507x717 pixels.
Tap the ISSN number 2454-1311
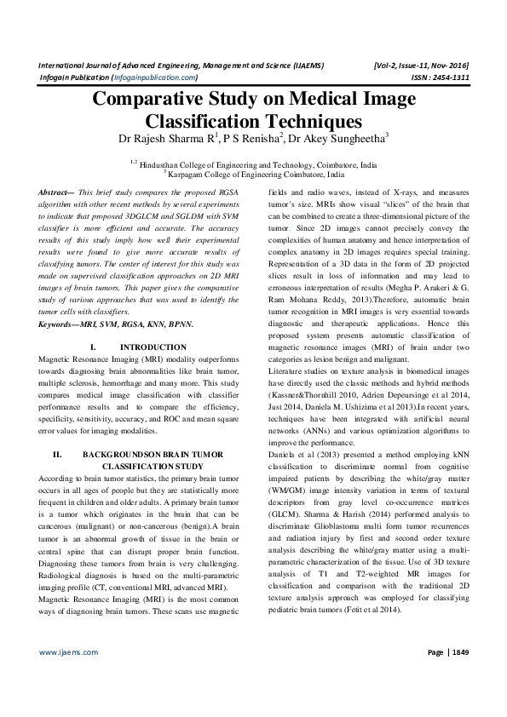(x=455, y=77)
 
